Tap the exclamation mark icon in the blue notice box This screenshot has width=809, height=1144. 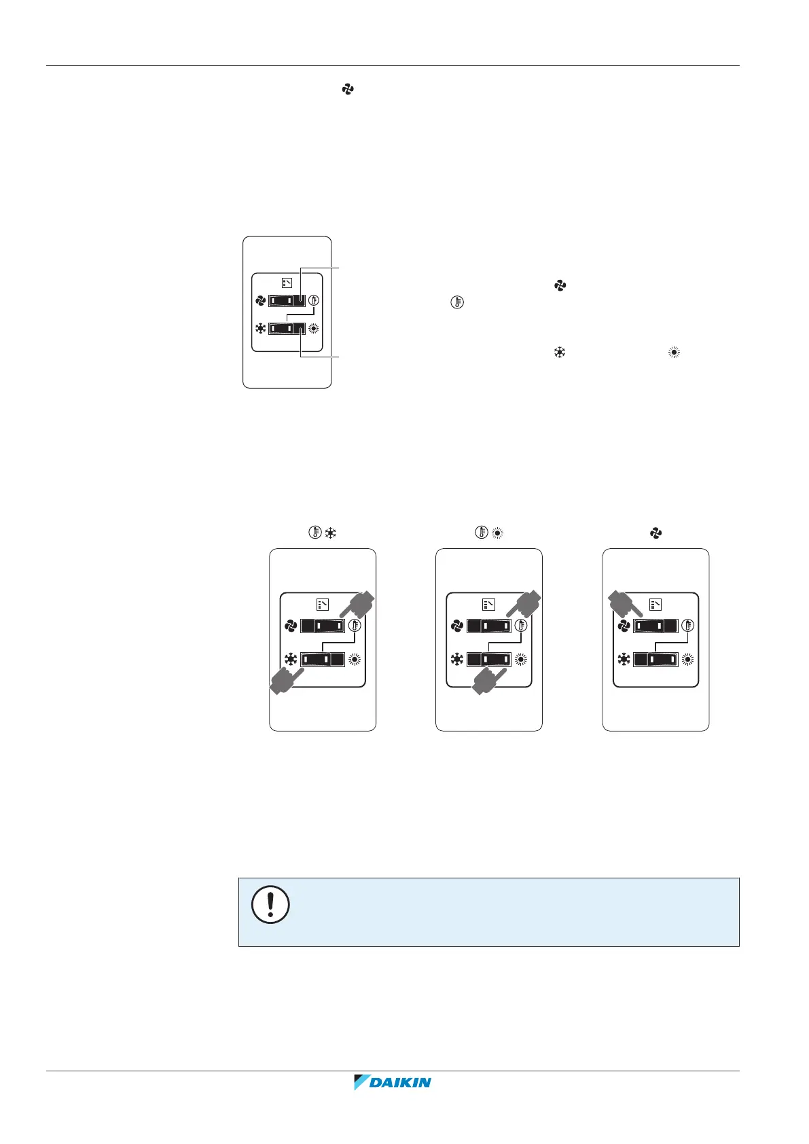point(270,904)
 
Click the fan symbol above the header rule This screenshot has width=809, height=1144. point(348,89)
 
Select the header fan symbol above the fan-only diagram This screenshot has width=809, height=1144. point(655,534)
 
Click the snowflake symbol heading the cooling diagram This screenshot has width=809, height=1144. point(331,534)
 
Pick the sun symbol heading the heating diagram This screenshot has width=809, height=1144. point(498,534)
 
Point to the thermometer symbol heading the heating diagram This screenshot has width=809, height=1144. point(482,534)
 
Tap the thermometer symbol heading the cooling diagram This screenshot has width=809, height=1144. point(315,534)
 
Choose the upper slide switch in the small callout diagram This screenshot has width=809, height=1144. point(287,301)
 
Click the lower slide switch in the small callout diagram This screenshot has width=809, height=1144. point(287,329)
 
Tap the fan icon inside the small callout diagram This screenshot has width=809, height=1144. point(259,301)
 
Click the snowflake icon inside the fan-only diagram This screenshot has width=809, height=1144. point(624,659)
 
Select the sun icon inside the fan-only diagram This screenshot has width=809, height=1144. point(688,659)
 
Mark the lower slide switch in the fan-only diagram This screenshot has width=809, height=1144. point(655,659)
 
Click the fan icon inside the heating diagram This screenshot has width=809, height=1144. point(457,626)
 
